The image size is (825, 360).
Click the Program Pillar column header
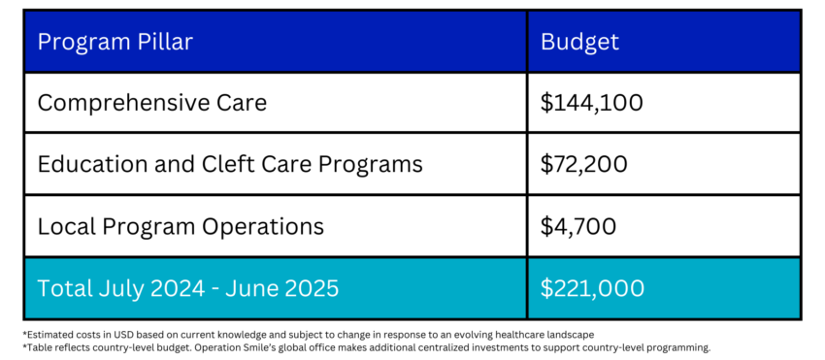[115, 42]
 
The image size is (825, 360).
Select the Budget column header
[579, 42]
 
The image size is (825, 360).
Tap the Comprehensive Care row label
[152, 103]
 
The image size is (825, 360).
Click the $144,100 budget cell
[591, 103]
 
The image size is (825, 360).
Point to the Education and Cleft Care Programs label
[230, 164]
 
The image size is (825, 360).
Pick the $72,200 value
[583, 164]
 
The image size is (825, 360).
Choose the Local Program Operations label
[181, 226]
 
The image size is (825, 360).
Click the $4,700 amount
[577, 226]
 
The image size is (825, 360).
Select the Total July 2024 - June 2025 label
[188, 288]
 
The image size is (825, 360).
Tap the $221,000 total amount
[592, 288]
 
